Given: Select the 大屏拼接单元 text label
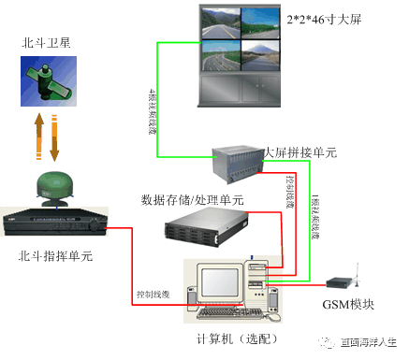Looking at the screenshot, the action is click(299, 151).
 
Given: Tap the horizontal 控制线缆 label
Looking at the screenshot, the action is click(153, 294).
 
